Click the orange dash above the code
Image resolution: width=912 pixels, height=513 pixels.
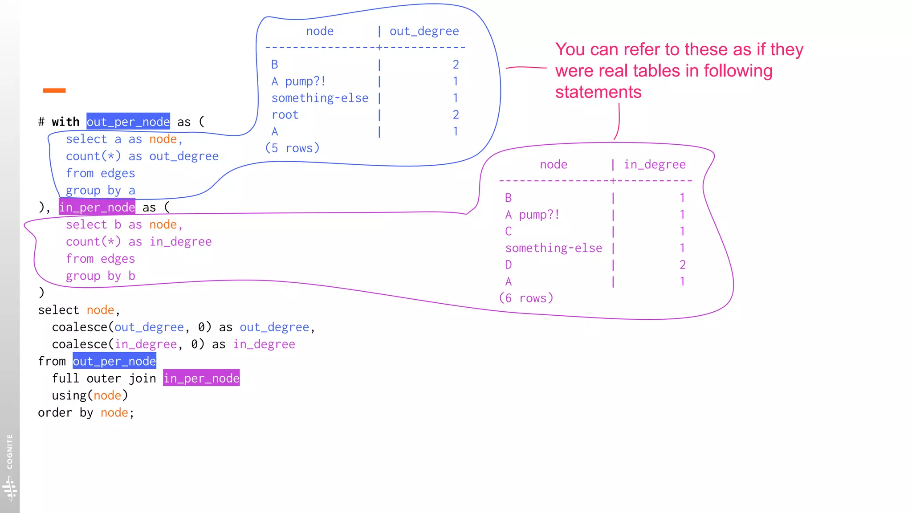[54, 90]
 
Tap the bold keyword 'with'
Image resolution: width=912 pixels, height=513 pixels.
[65, 122]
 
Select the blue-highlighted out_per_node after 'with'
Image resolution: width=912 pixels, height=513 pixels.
[128, 122]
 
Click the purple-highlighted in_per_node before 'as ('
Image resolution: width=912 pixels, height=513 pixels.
[97, 207]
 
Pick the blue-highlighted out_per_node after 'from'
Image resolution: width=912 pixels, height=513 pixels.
[114, 361]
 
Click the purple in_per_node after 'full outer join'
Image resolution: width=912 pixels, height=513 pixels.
[201, 378]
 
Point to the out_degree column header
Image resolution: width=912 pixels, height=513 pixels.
[424, 31]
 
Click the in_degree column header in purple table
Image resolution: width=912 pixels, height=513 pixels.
[654, 165]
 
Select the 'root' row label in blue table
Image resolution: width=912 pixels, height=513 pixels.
[285, 115]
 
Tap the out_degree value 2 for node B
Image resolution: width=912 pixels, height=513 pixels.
[456, 65]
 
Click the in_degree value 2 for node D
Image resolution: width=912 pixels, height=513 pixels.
[682, 265]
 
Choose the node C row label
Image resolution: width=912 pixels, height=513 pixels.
[508, 232]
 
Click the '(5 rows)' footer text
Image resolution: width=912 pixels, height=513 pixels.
[292, 148]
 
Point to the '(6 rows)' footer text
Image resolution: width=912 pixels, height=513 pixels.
[526, 298]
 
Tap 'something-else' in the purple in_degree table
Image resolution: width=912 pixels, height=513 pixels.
[554, 248]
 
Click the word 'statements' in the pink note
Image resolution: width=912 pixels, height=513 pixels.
[598, 92]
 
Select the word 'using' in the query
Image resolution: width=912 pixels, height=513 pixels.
[69, 395]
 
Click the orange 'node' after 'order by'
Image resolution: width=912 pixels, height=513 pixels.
[114, 413]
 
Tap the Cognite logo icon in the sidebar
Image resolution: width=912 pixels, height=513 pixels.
[9, 488]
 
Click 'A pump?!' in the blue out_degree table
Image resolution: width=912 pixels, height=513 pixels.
[298, 81]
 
